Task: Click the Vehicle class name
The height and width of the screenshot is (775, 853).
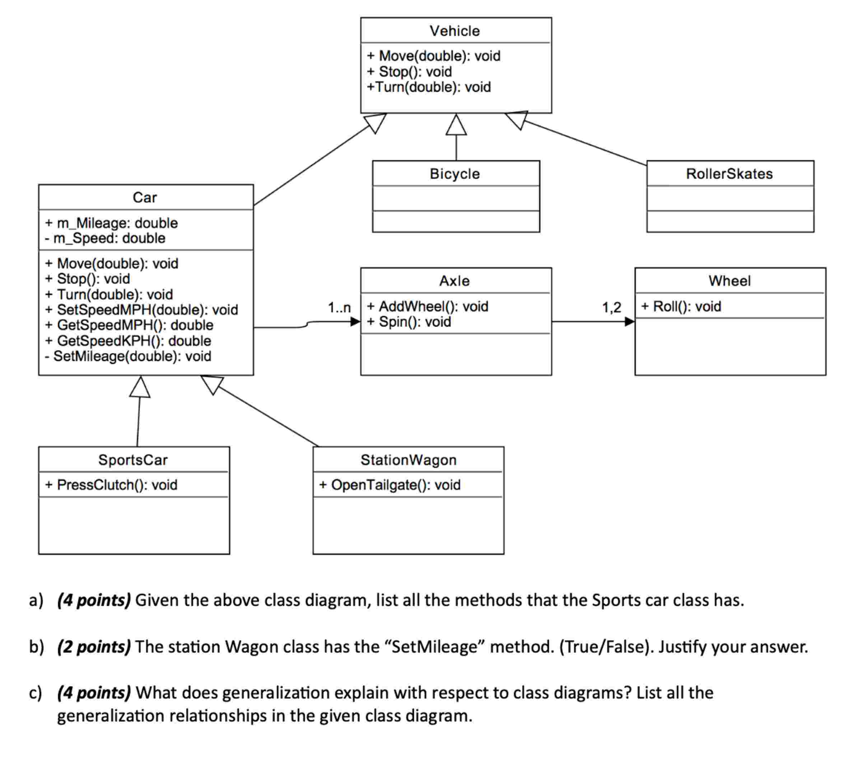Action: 455,31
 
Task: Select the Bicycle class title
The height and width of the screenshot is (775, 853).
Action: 455,174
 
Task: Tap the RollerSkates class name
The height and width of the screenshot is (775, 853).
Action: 729,174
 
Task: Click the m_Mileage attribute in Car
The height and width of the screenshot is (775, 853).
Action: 111,223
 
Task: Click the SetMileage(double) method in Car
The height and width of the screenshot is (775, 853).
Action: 128,356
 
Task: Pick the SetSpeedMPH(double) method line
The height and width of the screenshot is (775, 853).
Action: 141,310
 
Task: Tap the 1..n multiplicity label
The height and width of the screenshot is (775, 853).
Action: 339,308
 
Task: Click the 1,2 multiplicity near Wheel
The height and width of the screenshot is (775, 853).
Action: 611,308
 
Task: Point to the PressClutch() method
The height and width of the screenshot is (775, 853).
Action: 111,485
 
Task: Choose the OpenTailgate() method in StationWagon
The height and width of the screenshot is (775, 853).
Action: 390,485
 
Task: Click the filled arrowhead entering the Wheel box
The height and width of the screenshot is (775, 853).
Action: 630,322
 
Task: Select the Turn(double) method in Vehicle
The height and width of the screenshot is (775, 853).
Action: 429,87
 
